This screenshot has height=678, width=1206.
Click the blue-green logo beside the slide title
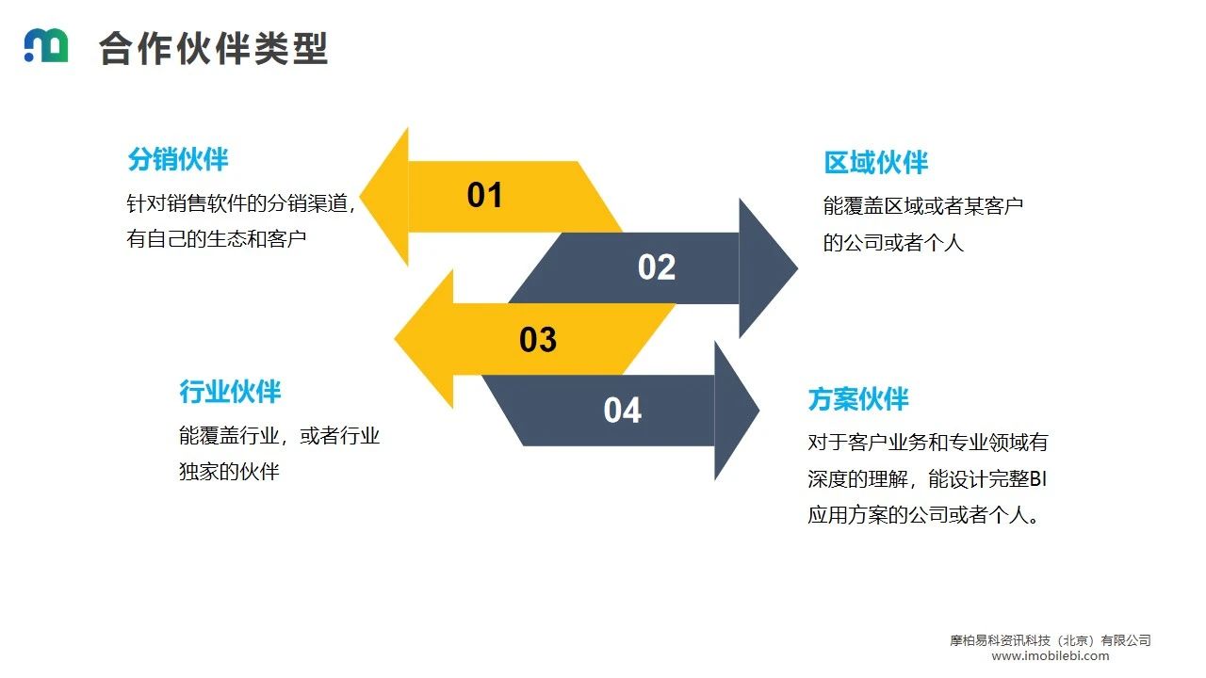[x=45, y=46]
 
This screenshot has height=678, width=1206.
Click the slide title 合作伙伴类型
[x=213, y=48]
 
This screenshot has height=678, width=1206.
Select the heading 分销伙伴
[x=178, y=159]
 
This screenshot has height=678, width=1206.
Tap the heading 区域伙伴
[x=875, y=163]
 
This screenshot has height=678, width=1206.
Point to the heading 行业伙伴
[x=230, y=392]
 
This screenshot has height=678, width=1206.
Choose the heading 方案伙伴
[x=857, y=399]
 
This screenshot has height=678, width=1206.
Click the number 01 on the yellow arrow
[x=485, y=196]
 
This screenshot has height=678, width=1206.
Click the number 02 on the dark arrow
[x=657, y=268]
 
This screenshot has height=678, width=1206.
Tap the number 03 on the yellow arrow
[x=538, y=340]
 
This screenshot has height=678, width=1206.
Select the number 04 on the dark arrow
[x=622, y=411]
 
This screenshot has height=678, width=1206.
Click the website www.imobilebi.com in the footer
[x=1050, y=656]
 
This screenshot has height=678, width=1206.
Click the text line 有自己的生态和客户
[x=217, y=239]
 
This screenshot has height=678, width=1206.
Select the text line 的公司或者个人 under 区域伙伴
[x=893, y=243]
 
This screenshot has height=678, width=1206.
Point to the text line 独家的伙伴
[x=229, y=472]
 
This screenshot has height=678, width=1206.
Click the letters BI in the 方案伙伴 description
[x=1036, y=479]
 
